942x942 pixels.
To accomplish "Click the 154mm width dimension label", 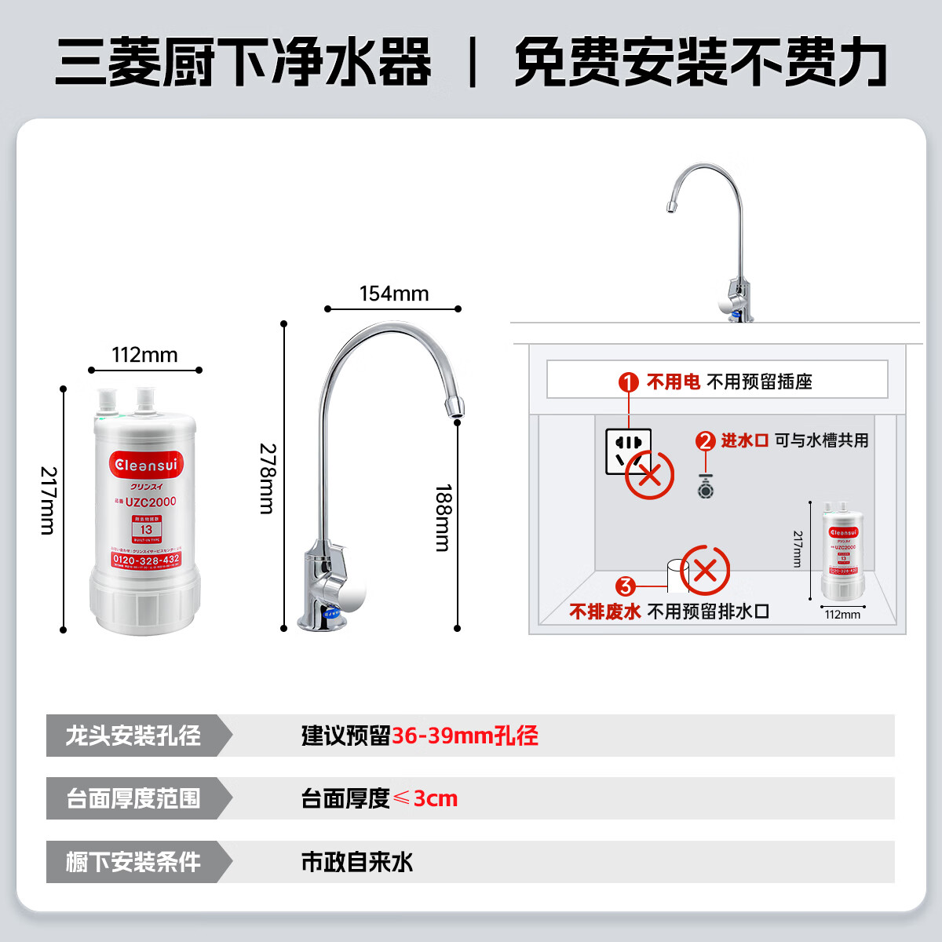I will click(394, 294).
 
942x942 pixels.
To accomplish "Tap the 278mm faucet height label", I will click(267, 479).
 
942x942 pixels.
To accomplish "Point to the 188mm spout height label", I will click(444, 517).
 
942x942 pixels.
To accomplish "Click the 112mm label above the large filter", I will click(144, 355).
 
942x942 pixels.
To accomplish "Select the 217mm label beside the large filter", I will click(48, 501).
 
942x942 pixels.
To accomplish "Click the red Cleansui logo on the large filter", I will click(146, 465).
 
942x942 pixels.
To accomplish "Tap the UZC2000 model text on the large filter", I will click(150, 502).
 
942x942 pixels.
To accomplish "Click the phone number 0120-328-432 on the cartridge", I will click(146, 560).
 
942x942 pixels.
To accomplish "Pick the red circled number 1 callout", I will click(628, 382).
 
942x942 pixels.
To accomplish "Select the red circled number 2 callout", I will click(705, 441).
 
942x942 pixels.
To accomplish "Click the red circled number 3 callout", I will click(625, 586).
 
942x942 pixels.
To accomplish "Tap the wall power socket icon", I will click(627, 451).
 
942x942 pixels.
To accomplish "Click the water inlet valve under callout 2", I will click(706, 488).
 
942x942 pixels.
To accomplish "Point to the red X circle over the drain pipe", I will click(705, 571).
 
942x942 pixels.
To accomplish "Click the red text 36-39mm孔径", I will click(465, 736).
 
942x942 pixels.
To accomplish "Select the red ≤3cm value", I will click(425, 798).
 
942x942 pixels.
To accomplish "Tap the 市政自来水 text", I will click(357, 862).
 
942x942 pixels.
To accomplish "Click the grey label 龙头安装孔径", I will click(133, 736).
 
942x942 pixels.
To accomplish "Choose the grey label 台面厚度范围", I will click(133, 798).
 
